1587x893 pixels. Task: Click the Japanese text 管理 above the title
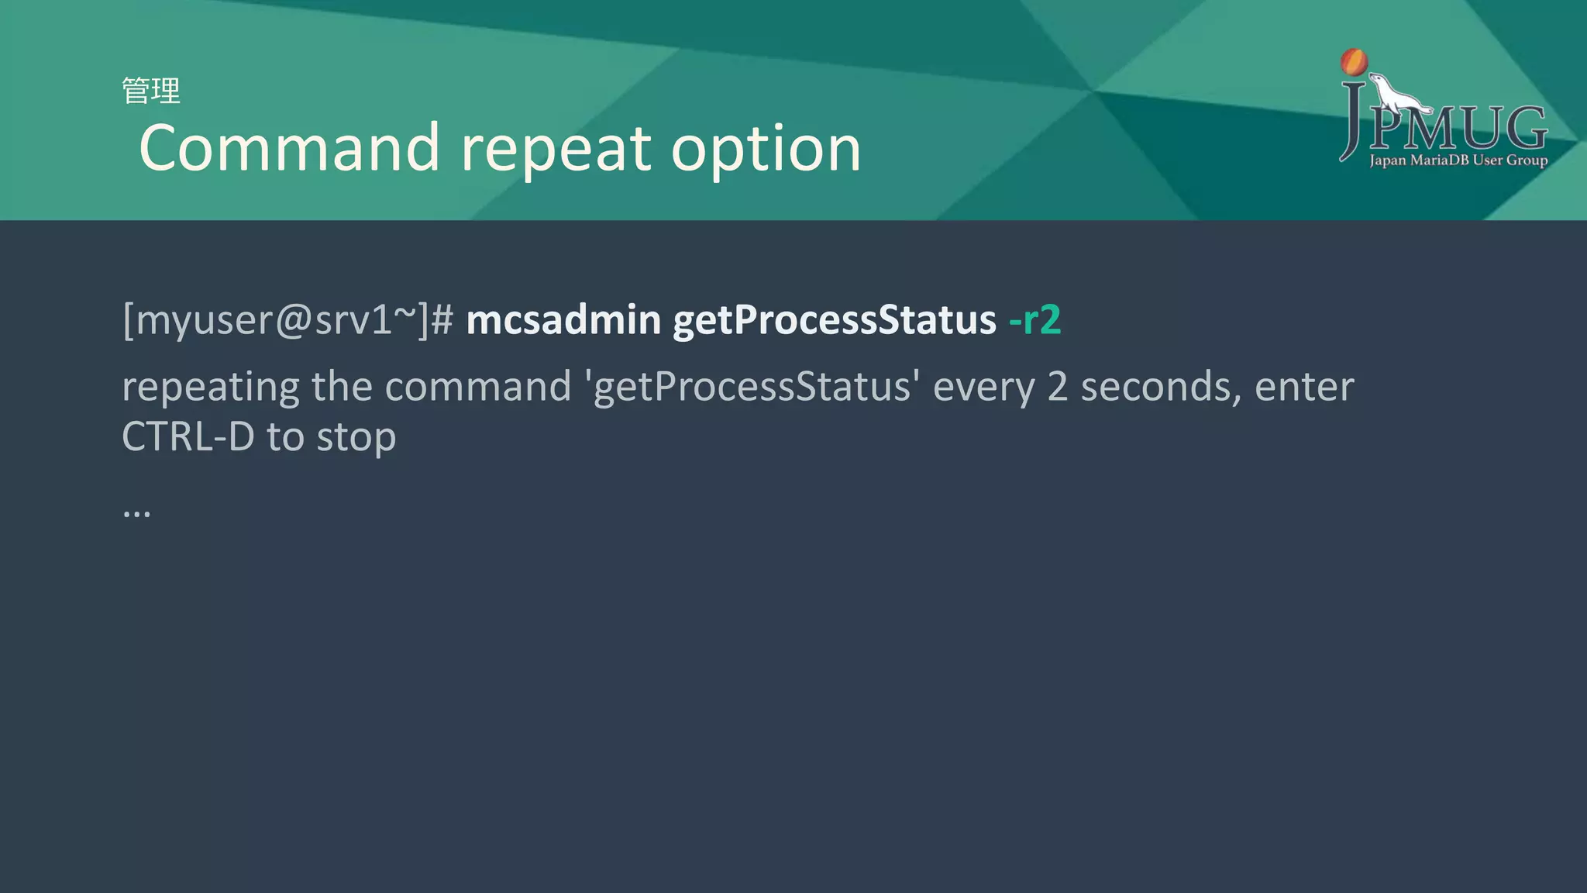point(151,91)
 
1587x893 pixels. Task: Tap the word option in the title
point(766,149)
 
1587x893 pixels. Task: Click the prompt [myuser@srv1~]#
point(287,319)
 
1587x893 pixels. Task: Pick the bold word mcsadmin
point(563,319)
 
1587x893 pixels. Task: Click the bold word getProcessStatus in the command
point(835,320)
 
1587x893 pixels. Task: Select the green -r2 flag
point(1034,319)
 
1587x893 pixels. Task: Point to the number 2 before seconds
point(1057,387)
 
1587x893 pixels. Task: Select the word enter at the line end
point(1304,387)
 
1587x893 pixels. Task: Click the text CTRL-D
point(188,436)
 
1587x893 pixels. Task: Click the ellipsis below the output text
point(136,512)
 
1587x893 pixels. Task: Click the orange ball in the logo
point(1354,62)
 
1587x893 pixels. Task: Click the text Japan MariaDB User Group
point(1458,160)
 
